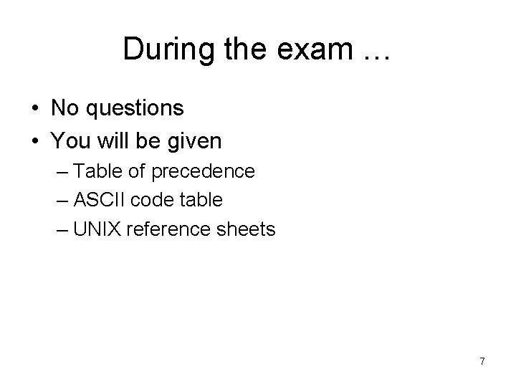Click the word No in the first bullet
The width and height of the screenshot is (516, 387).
click(65, 108)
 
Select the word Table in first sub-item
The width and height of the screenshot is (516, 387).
click(97, 172)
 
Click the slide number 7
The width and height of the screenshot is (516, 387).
click(482, 361)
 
